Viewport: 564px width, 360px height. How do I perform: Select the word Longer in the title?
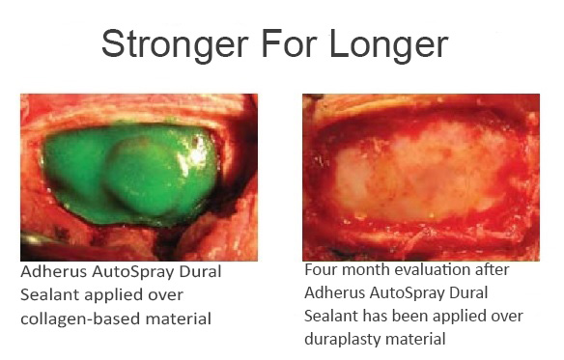click(397, 44)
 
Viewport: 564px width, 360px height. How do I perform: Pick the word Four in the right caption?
click(321, 271)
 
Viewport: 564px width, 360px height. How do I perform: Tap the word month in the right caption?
click(366, 271)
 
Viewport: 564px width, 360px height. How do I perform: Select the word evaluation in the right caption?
click(433, 271)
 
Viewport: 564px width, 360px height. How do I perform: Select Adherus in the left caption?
click(51, 271)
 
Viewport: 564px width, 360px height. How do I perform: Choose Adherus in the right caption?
click(335, 293)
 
